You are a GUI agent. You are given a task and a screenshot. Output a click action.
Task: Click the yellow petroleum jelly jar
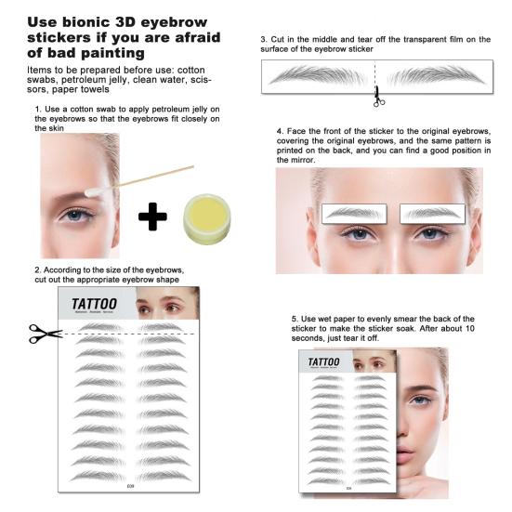pyautogui.click(x=211, y=217)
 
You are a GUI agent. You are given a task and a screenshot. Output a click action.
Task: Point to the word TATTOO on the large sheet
pyautogui.click(x=94, y=304)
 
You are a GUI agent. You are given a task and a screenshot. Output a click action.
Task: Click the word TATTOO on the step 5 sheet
pyautogui.click(x=323, y=361)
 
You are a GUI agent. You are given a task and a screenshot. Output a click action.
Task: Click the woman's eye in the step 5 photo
pyautogui.click(x=420, y=400)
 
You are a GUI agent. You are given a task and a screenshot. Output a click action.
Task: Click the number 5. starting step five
pyautogui.click(x=294, y=319)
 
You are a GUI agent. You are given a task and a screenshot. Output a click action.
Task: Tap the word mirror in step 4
pyautogui.click(x=295, y=161)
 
